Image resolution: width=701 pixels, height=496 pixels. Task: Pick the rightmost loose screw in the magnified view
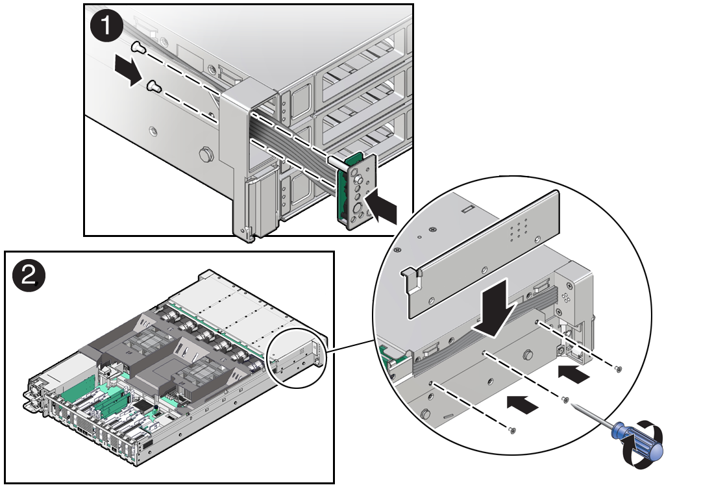click(617, 369)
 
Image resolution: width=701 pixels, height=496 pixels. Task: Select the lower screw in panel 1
click(154, 85)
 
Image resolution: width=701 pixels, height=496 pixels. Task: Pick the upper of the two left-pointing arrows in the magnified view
click(574, 373)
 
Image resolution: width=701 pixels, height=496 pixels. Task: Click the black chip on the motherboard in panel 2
click(140, 406)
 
